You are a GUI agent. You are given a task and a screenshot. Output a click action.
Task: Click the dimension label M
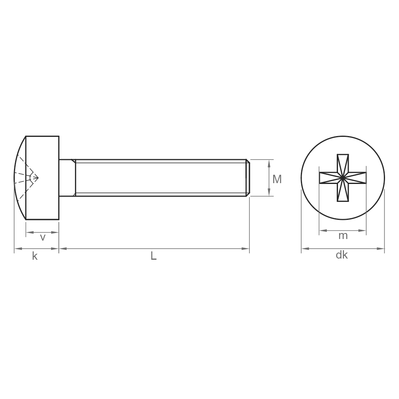tap(277, 179)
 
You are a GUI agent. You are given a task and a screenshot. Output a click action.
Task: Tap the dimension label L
tap(154, 256)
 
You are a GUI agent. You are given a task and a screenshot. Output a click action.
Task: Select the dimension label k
tap(35, 256)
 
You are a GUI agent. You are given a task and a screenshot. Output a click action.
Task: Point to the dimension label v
tap(43, 237)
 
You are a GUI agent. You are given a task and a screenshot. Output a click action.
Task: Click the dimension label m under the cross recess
tap(343, 236)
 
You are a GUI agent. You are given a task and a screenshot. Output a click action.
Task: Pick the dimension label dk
tap(342, 255)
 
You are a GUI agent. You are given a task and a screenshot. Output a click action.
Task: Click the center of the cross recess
tap(343, 178)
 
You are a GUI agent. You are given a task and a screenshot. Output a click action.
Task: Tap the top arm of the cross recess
tap(343, 163)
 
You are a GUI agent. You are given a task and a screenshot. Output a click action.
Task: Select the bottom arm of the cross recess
tap(343, 192)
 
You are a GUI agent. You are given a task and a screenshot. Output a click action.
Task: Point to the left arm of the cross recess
tap(328, 178)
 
